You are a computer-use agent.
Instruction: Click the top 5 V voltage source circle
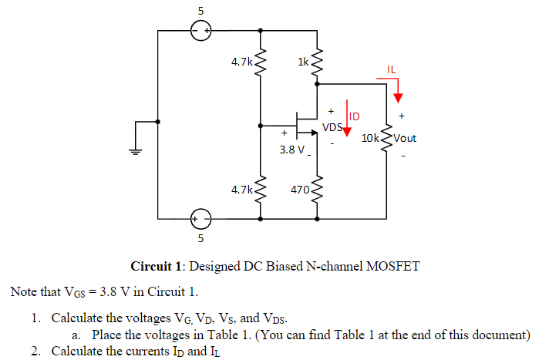click(200, 31)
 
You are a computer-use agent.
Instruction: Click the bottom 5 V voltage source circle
click(200, 219)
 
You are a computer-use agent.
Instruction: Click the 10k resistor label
click(370, 138)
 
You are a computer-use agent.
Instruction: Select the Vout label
click(405, 138)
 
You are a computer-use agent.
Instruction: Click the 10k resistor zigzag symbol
click(386, 139)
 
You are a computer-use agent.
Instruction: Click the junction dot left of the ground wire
click(158, 123)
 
